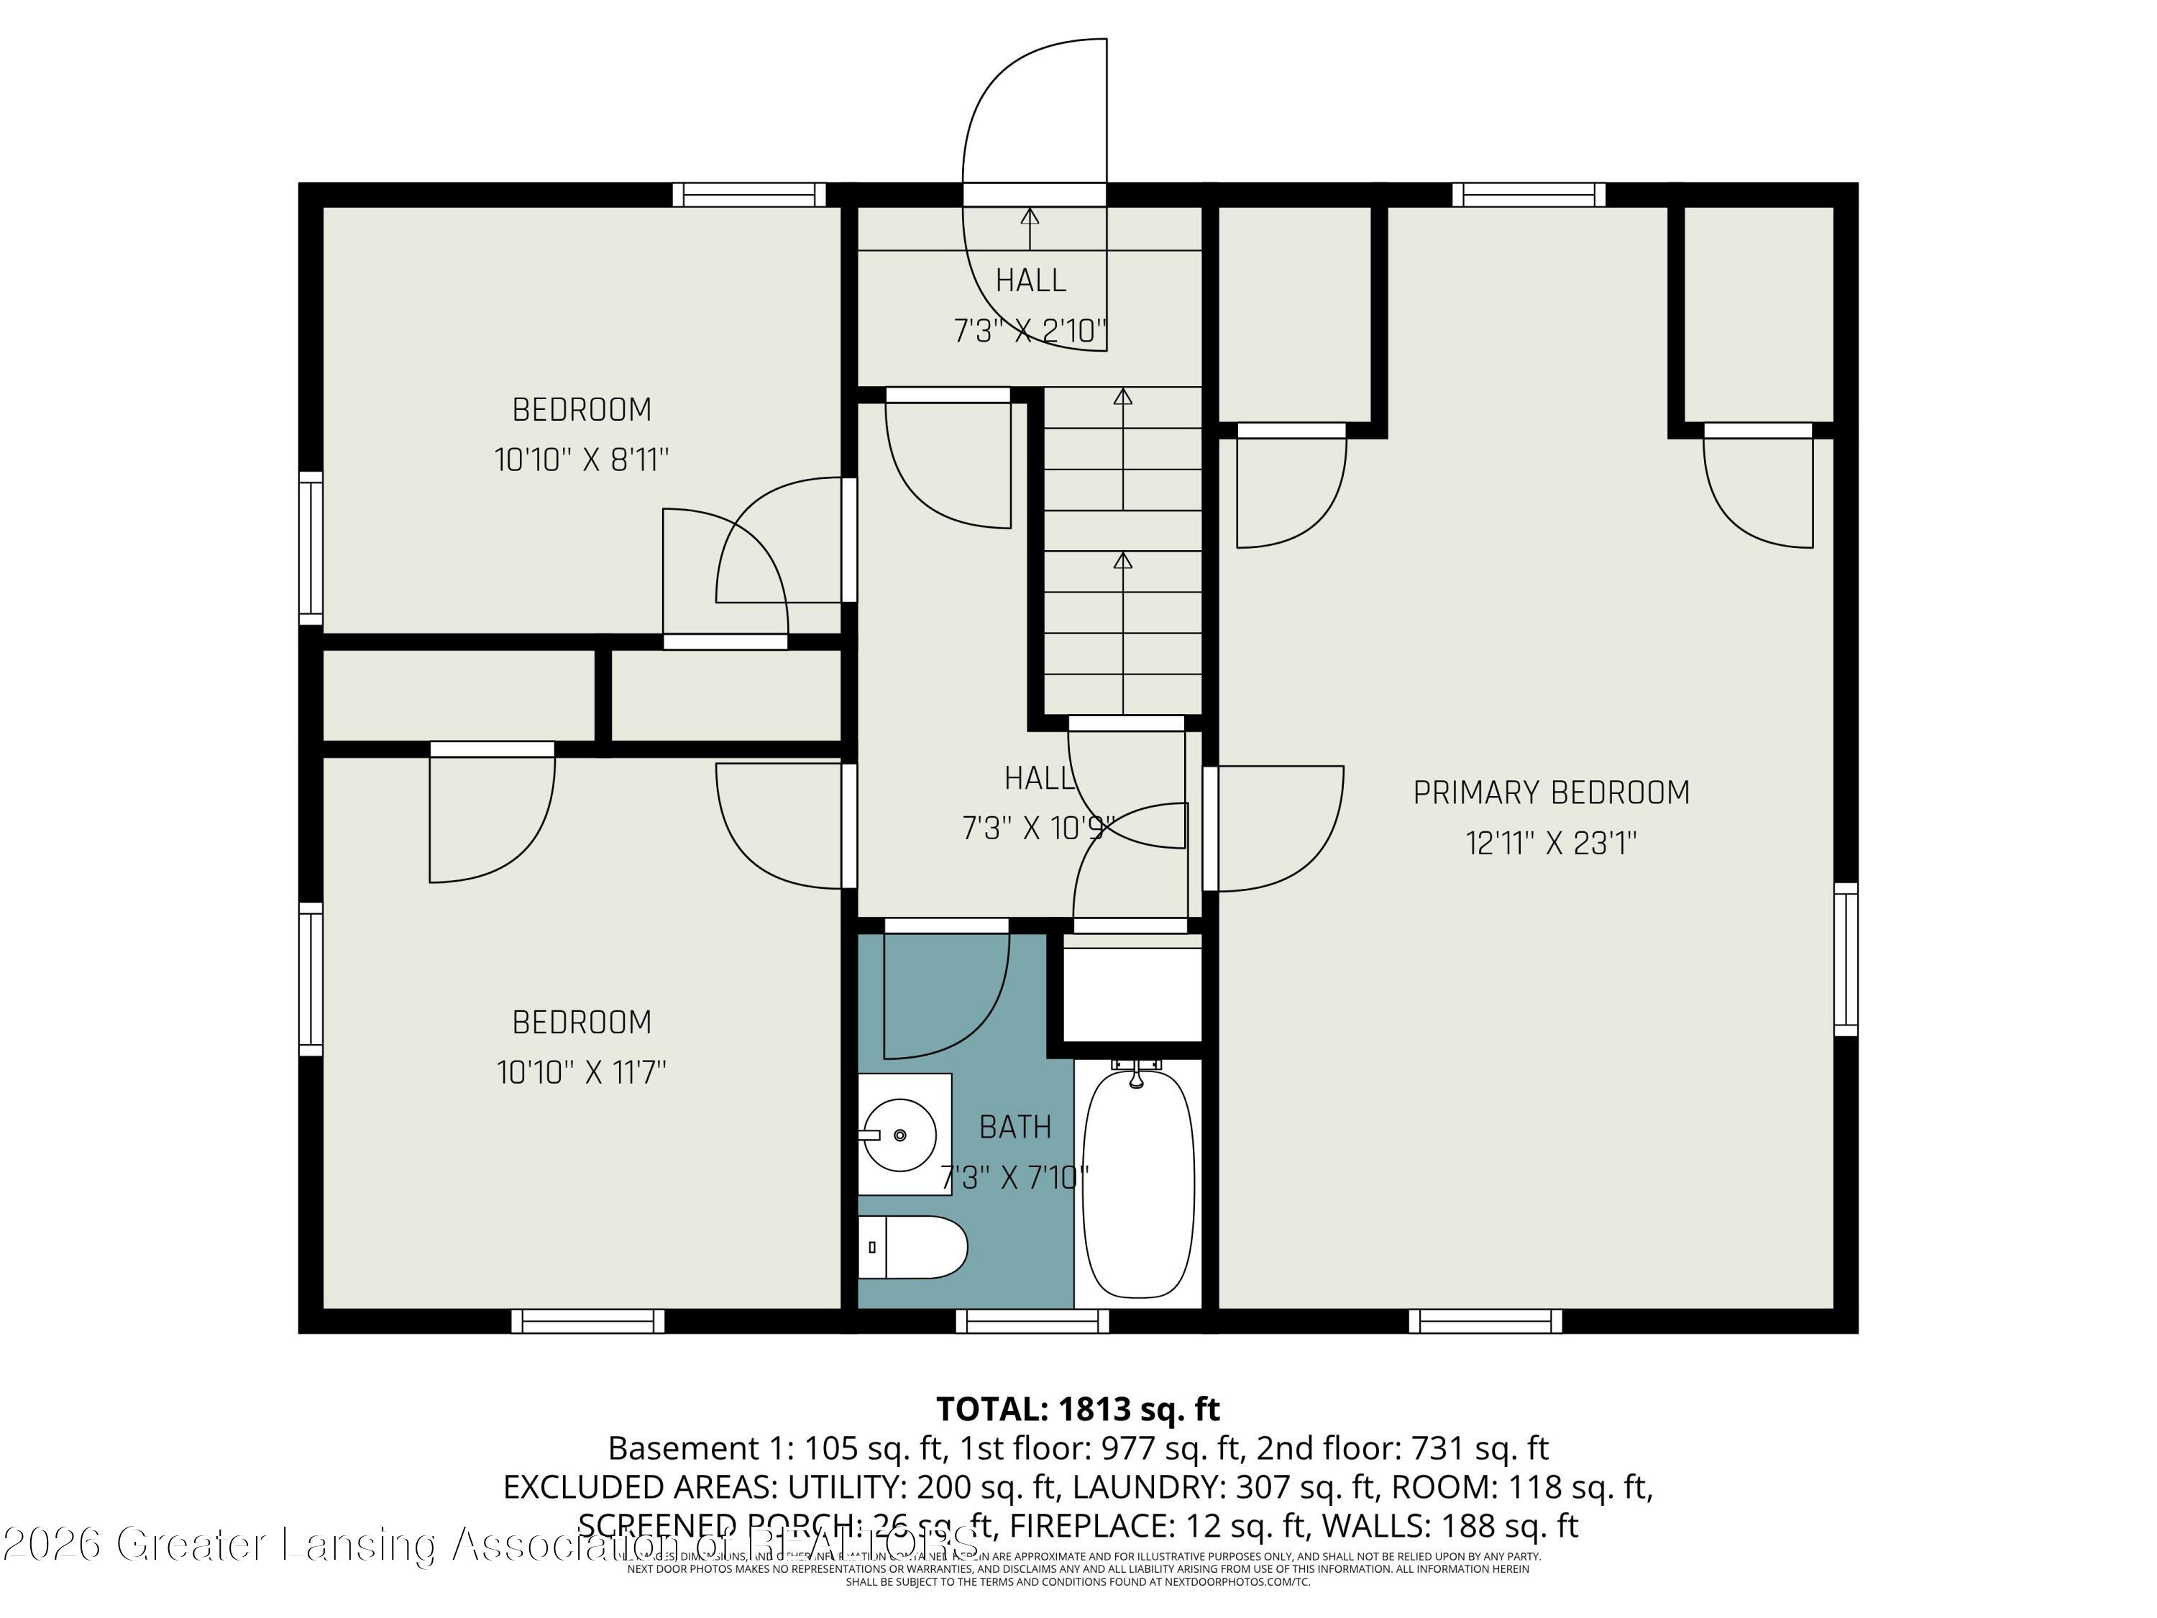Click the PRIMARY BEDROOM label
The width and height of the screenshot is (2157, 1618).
1550,793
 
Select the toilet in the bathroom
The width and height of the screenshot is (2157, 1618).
912,1248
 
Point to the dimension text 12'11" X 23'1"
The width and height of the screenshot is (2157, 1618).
1550,844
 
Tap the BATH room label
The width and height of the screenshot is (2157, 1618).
1015,1128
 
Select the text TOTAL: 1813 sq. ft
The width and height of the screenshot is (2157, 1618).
1078,1409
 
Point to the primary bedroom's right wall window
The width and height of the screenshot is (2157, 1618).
1845,959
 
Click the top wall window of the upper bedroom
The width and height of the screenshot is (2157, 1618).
749,195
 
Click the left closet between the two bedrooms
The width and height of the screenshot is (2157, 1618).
458,695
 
